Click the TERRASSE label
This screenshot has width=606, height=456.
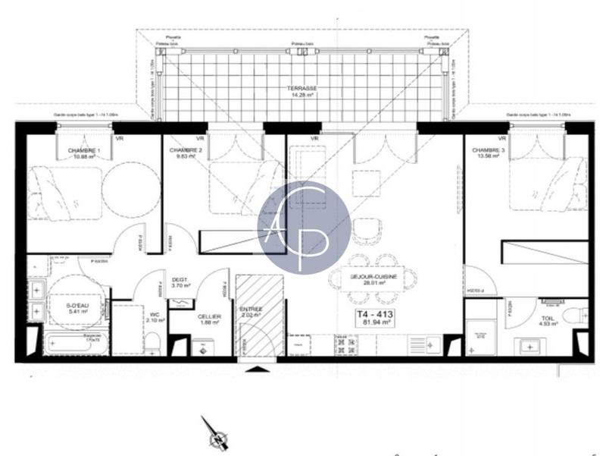(303, 88)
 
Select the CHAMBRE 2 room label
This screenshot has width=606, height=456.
(185, 151)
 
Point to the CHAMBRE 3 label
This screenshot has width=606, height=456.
(486, 151)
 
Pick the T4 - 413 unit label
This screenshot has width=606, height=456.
(376, 313)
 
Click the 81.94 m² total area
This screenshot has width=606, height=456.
(376, 322)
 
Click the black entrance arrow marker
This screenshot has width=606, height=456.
(258, 369)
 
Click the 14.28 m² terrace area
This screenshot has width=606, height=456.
(303, 96)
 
